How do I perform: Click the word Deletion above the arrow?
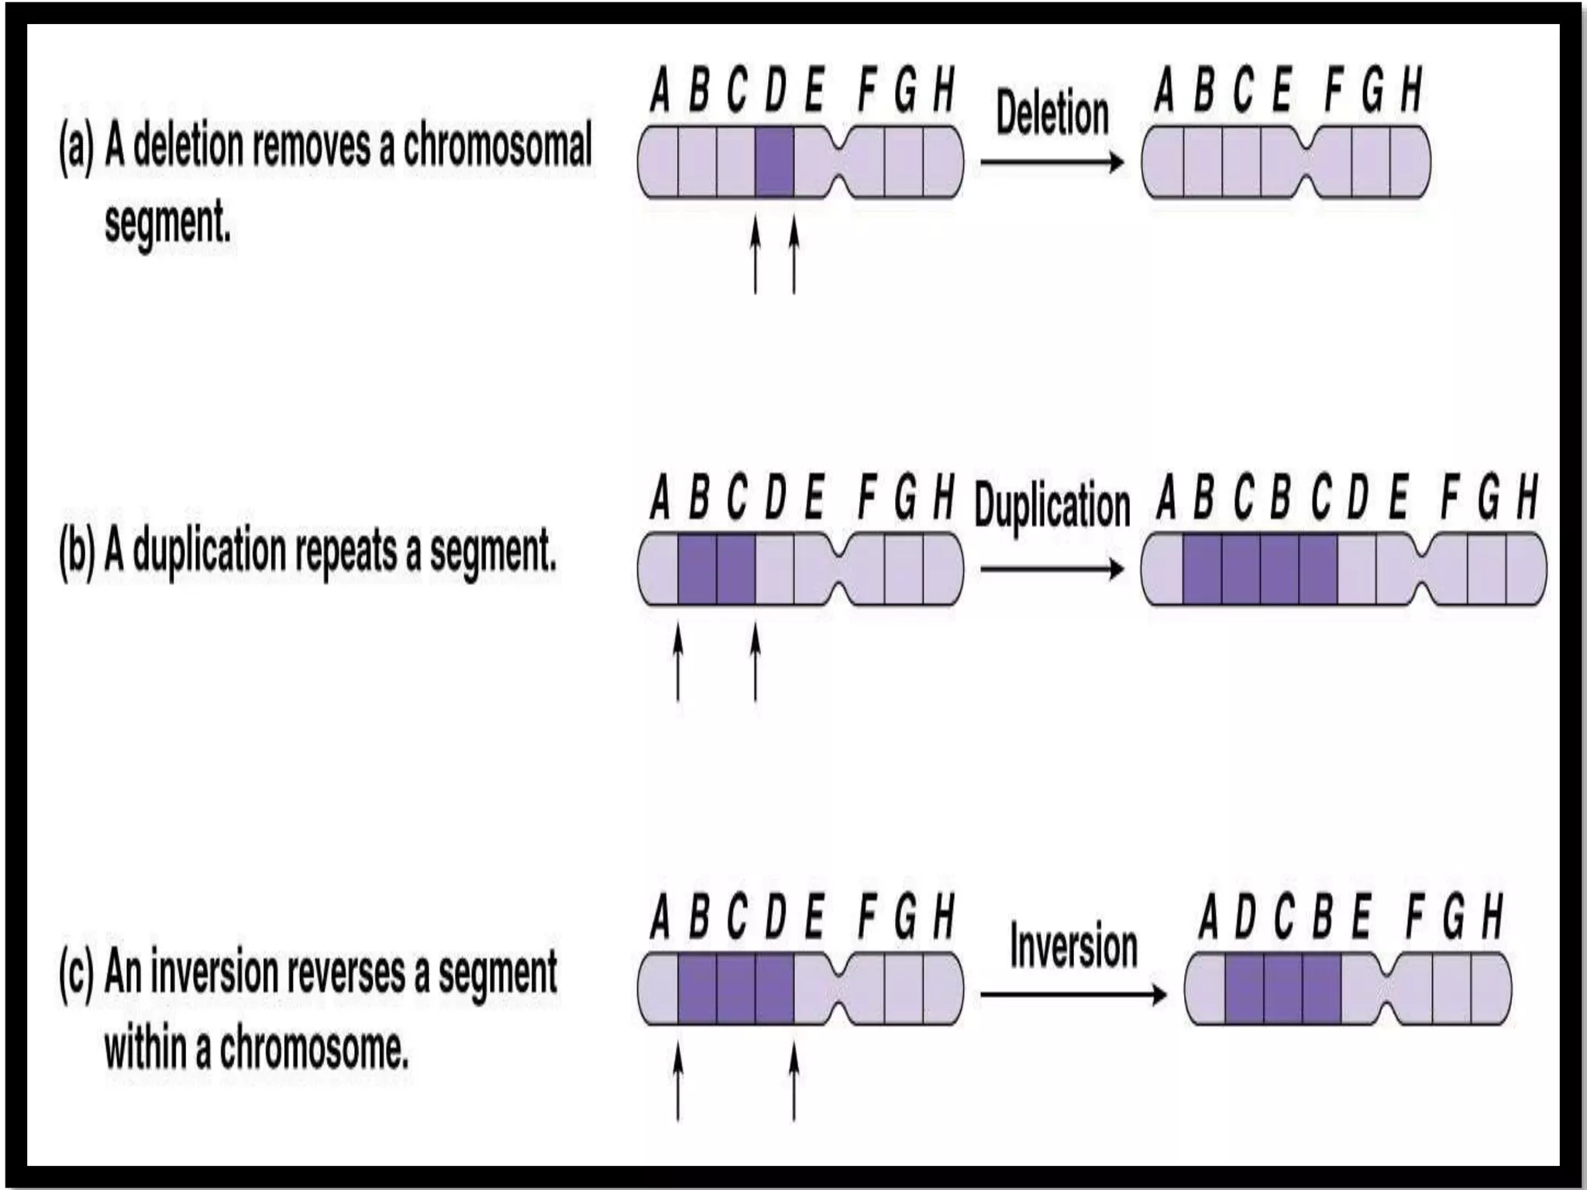(x=1052, y=114)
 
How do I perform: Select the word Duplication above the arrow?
(x=1052, y=506)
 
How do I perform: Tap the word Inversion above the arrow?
(x=1073, y=947)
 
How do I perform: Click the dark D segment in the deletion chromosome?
(x=774, y=162)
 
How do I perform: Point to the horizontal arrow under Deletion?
(x=1052, y=162)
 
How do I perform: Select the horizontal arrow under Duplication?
(x=1052, y=569)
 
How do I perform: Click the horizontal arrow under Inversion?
(x=1073, y=994)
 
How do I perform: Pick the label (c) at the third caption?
(x=76, y=973)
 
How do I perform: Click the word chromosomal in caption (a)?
(x=497, y=146)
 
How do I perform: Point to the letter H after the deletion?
(x=1411, y=89)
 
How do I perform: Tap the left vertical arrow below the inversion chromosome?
(x=678, y=1082)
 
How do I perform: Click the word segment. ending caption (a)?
(x=167, y=223)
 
